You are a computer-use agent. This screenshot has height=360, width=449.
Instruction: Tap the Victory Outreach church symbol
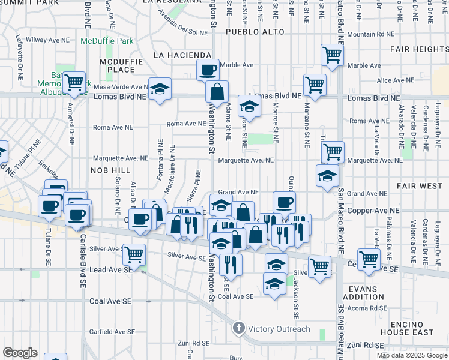[x=239, y=328]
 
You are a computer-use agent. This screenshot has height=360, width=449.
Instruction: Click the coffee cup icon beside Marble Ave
[x=208, y=70]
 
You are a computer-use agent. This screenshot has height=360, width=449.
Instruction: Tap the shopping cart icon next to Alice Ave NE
[x=315, y=85]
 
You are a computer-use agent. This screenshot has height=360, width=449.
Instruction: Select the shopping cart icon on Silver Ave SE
[x=134, y=254]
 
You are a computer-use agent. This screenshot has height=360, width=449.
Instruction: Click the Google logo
[x=20, y=353]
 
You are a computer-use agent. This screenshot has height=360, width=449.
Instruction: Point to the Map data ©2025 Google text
[x=412, y=355]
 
